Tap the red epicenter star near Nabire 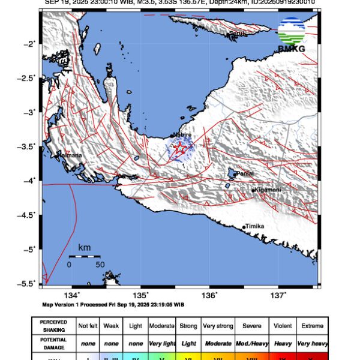tap(178, 148)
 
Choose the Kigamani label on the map tap(268, 190)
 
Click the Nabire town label tap(182, 135)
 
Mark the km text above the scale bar tap(84, 247)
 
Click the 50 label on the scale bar tap(100, 264)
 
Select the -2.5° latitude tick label tap(28, 78)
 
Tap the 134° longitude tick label tap(72, 295)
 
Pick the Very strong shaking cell tap(218, 326)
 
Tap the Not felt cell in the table tap(89, 326)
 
